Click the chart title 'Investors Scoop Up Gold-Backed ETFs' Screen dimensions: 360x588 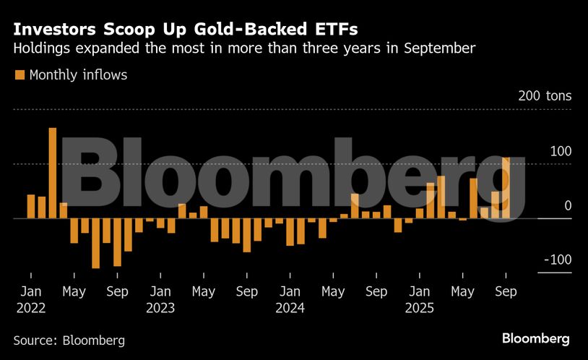pos(185,30)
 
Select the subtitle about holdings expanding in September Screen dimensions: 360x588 pos(244,49)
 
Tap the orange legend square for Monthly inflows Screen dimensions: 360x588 pos(19,74)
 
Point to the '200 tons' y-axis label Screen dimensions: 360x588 pos(543,96)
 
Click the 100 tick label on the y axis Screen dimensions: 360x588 pos(557,151)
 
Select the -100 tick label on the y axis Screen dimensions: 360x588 pos(555,260)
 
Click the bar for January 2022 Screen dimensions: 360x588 pos(31,207)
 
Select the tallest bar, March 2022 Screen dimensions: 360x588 pos(53,173)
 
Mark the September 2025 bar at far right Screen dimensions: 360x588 pos(506,188)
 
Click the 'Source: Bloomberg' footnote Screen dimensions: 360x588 pos(69,340)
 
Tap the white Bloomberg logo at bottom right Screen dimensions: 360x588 pos(535,338)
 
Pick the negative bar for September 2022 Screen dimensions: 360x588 pos(117,241)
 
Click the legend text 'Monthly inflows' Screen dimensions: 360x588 pos(78,74)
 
